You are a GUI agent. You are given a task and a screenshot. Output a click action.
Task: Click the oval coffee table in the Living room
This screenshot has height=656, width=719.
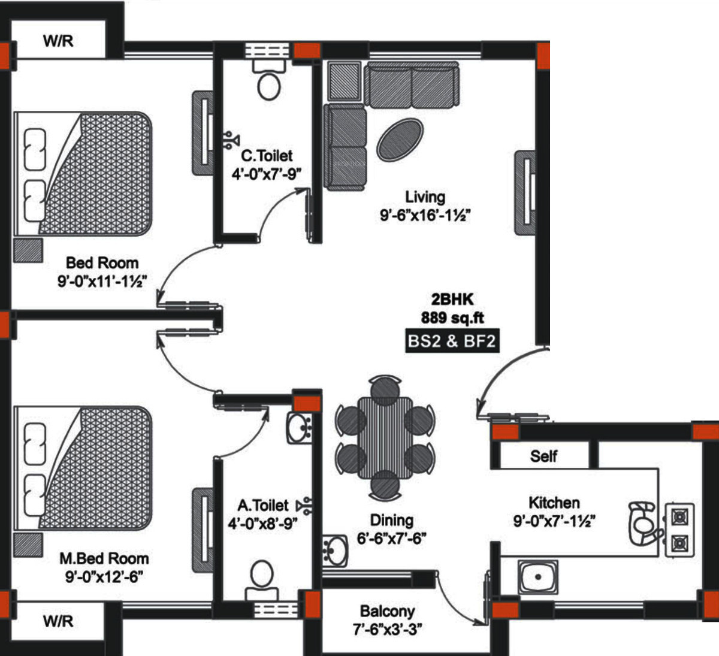pos(400,139)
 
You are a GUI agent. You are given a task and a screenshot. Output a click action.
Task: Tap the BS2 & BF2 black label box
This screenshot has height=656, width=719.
pos(452,341)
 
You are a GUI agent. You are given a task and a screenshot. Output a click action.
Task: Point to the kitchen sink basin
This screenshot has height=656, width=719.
pos(537,577)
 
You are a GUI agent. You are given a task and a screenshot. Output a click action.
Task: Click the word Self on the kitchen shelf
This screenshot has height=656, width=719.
pos(543,456)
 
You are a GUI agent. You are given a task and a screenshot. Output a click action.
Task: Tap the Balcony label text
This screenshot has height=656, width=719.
pos(387,612)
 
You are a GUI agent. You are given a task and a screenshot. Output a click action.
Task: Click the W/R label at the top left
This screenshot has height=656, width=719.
pos(58,41)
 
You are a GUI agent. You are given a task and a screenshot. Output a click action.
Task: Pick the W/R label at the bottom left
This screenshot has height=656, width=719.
pos(58,621)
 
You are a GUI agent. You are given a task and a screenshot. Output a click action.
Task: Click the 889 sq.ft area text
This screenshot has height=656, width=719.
pos(452,318)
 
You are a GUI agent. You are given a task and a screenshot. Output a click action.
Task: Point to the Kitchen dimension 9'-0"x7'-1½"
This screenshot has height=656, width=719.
pos(554,521)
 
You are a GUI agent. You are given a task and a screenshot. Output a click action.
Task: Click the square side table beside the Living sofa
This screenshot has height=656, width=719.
pos(345,81)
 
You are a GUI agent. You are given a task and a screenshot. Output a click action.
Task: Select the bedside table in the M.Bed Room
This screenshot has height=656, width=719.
pos(28,545)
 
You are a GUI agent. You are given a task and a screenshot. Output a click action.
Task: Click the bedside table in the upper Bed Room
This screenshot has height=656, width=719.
pos(28,250)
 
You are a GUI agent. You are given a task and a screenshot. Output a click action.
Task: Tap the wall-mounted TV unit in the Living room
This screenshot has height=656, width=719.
pos(525,192)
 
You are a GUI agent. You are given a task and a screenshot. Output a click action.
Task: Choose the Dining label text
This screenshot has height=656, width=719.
pos(391,520)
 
